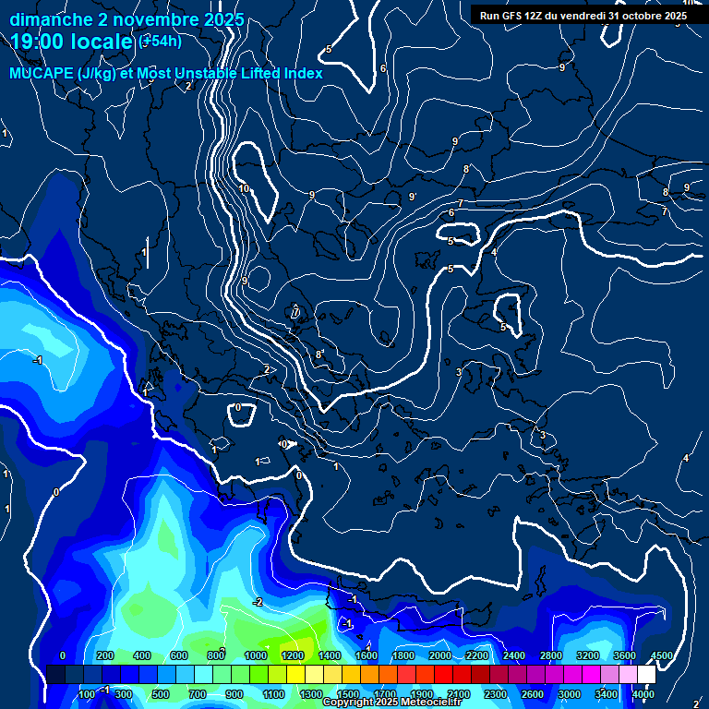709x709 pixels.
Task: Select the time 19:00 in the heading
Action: click(38, 42)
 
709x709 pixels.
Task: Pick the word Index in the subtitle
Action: click(303, 74)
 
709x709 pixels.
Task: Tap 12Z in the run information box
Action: click(544, 16)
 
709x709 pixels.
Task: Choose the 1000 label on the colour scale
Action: click(256, 655)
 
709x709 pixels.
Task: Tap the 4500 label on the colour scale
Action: click(661, 655)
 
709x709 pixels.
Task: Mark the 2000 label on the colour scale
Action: click(440, 655)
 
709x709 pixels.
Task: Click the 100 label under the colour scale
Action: click(87, 693)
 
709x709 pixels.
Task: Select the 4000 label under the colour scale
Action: click(643, 693)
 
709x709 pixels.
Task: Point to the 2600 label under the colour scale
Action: click(533, 693)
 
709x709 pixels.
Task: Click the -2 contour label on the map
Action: click(258, 602)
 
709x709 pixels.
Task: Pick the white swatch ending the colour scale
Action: click(646, 675)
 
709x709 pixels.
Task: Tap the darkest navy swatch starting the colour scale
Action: click(55, 675)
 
